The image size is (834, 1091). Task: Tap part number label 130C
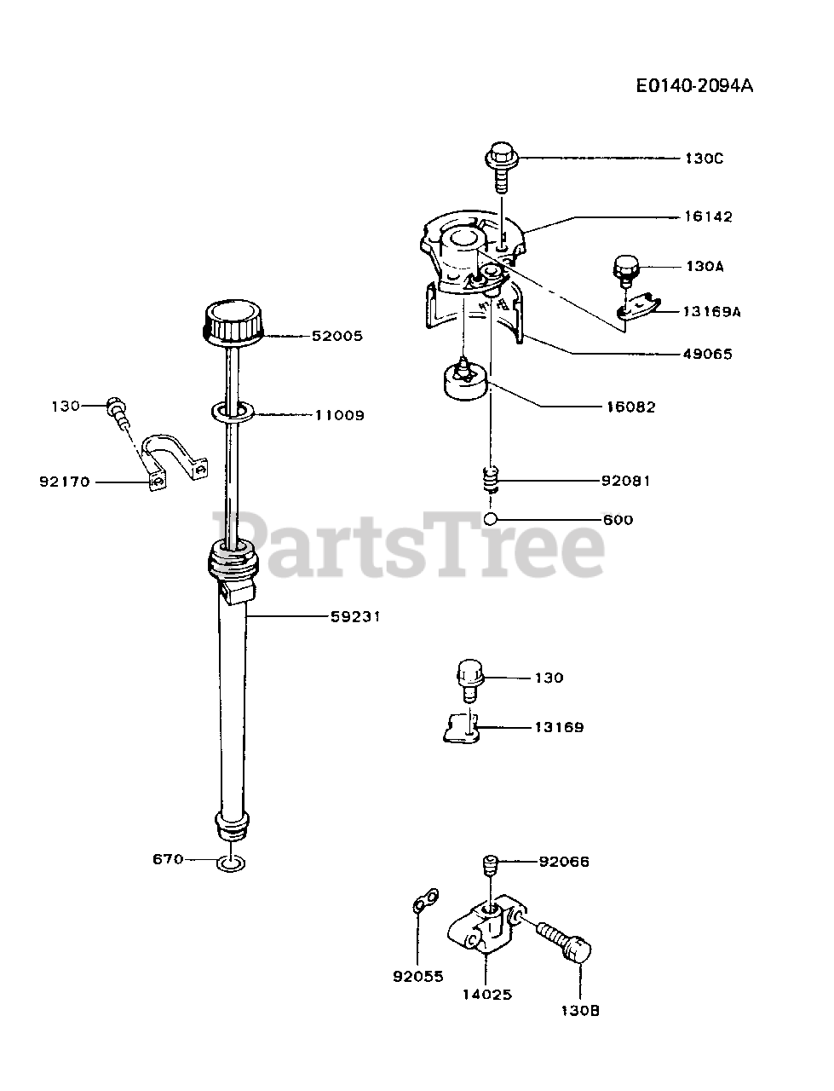point(705,159)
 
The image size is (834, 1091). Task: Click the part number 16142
point(707,216)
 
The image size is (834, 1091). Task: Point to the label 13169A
point(711,312)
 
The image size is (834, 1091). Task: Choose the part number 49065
point(707,354)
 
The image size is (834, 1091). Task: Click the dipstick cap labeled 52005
point(233,322)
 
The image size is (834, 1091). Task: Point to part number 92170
point(65,482)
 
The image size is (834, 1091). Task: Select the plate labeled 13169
point(461,728)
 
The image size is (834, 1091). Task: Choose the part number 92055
point(418,977)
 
